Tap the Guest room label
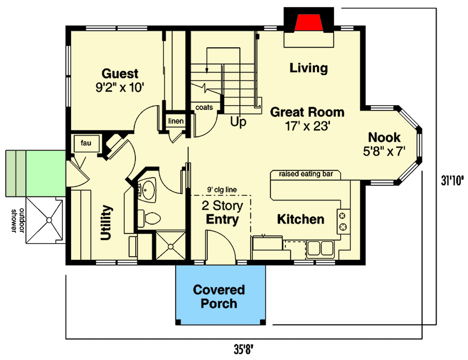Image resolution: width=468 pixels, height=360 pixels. pyautogui.click(x=120, y=79)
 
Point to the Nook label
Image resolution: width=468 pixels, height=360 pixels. pyautogui.click(x=384, y=143)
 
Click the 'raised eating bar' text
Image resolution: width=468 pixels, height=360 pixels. pyautogui.click(x=306, y=174)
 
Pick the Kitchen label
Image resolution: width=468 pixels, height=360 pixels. pyautogui.click(x=300, y=219)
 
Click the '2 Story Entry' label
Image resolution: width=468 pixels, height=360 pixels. pyautogui.click(x=220, y=213)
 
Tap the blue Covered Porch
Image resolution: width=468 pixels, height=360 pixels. pyautogui.click(x=219, y=296)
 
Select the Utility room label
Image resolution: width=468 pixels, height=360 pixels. pyautogui.click(x=107, y=223)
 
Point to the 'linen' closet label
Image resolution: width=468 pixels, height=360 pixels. pyautogui.click(x=176, y=122)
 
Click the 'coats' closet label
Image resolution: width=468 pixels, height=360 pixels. pyautogui.click(x=204, y=108)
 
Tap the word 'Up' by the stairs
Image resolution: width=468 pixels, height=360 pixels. pyautogui.click(x=239, y=122)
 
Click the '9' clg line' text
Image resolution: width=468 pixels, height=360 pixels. pyautogui.click(x=222, y=189)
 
